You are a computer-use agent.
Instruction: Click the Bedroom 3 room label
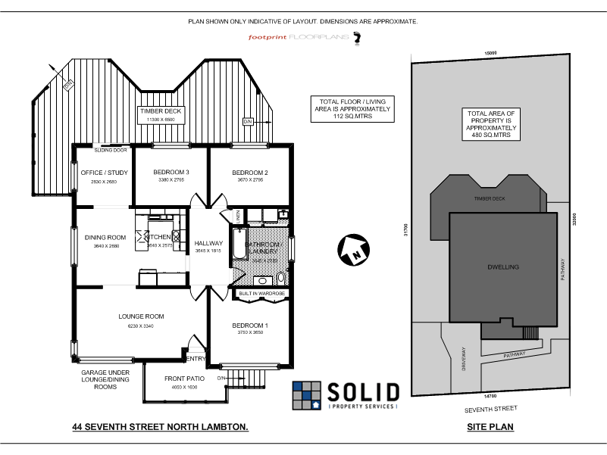click(171, 172)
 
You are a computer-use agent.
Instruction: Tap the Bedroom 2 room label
click(250, 172)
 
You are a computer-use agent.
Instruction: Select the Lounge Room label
click(141, 316)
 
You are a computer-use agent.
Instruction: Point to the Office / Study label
click(104, 173)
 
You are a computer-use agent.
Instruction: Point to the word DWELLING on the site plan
click(502, 267)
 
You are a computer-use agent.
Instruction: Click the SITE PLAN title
click(490, 427)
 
